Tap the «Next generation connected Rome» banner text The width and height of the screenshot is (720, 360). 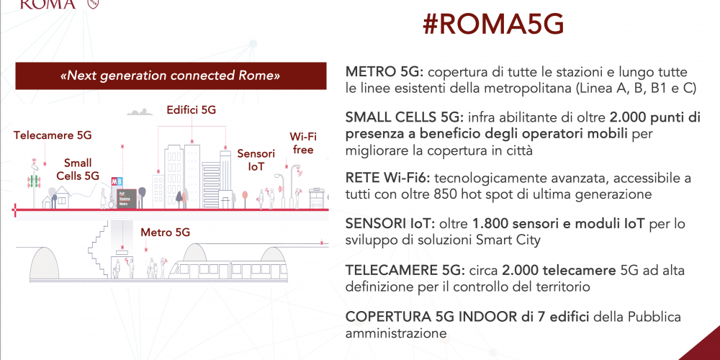coord(171,76)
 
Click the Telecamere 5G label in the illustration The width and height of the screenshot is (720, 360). coord(53,135)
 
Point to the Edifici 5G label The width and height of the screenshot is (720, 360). coord(191,110)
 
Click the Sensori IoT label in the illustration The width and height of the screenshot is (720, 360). coord(256,160)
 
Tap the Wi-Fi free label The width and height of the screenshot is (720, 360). coord(303,143)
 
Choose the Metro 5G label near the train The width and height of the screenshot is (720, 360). coord(166,233)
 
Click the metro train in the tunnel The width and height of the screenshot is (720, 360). coord(227,269)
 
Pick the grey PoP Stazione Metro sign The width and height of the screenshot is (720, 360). coord(126,199)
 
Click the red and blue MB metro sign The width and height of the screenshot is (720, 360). coord(117,181)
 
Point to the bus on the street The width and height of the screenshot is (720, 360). coord(318,198)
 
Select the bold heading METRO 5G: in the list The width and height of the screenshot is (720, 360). coord(387,73)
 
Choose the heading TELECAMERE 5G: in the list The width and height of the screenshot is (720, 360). coord(400,271)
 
